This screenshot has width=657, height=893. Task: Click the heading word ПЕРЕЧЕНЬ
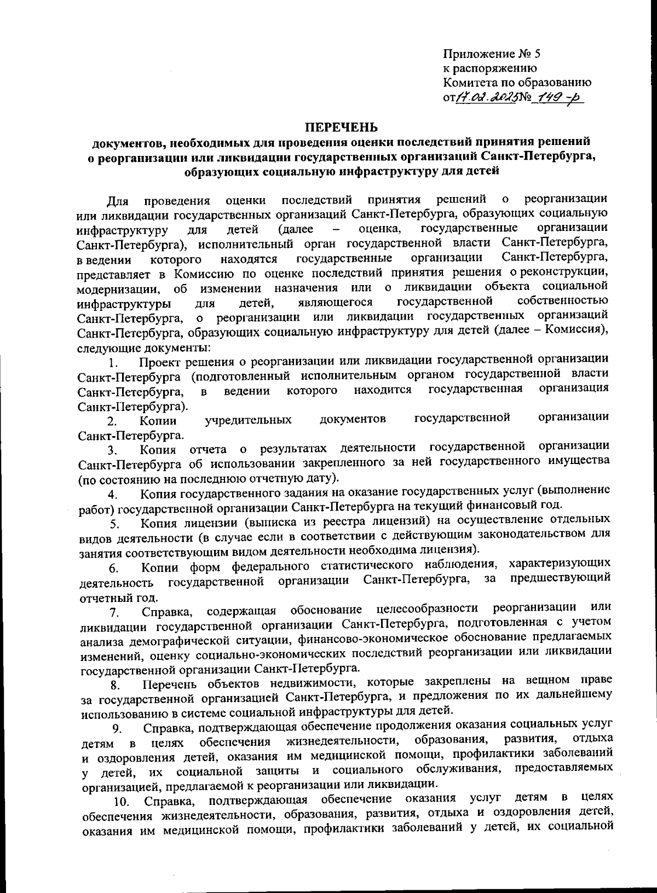point(341,127)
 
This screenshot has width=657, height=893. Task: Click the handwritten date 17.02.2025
point(482,98)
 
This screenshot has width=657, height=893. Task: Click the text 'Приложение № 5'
point(491,54)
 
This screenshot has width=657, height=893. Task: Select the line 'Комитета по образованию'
point(517,83)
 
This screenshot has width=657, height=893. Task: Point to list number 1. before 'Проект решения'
point(113,362)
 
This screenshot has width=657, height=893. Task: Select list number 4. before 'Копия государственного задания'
point(114,495)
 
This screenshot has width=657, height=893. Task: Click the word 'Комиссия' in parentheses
point(579,331)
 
